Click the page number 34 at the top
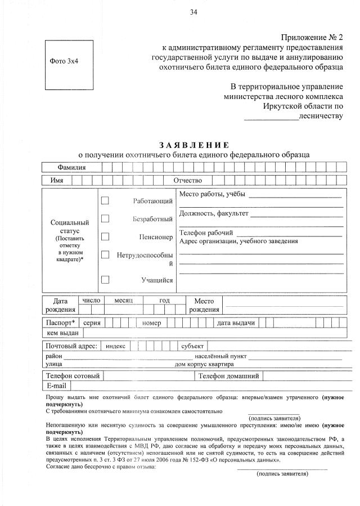(x=193, y=12)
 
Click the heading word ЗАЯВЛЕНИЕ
(x=193, y=145)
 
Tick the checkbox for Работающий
(x=105, y=200)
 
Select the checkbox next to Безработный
(x=105, y=218)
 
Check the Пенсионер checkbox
(x=105, y=237)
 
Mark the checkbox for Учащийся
(x=105, y=279)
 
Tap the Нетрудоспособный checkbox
(x=105, y=255)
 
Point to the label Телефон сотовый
(x=73, y=376)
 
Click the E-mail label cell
(x=57, y=386)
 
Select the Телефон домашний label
(x=228, y=376)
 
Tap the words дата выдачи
(x=236, y=323)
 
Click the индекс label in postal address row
(x=116, y=346)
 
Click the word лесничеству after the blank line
(x=321, y=116)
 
